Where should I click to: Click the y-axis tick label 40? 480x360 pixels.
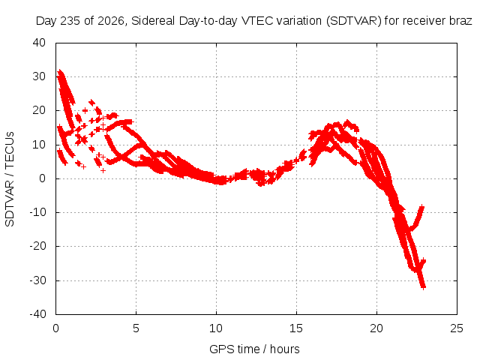(39, 43)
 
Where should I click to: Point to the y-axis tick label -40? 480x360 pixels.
(37, 314)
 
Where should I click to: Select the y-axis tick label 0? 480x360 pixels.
(43, 178)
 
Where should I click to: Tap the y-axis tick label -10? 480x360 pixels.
(37, 212)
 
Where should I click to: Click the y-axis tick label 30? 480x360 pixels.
(39, 76)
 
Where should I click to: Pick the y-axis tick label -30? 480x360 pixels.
(37, 280)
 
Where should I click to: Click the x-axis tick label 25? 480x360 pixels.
(457, 328)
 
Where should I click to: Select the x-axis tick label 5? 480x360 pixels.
(136, 328)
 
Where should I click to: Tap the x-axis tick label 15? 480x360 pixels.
(296, 328)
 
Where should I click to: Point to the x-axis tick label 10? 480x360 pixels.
(216, 328)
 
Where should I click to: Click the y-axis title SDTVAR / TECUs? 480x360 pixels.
(10, 179)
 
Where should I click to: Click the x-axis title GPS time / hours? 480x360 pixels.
(254, 349)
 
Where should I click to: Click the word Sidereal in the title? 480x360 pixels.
(153, 21)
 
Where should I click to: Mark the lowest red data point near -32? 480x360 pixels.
(423, 287)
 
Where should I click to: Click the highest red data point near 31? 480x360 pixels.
(60, 72)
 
